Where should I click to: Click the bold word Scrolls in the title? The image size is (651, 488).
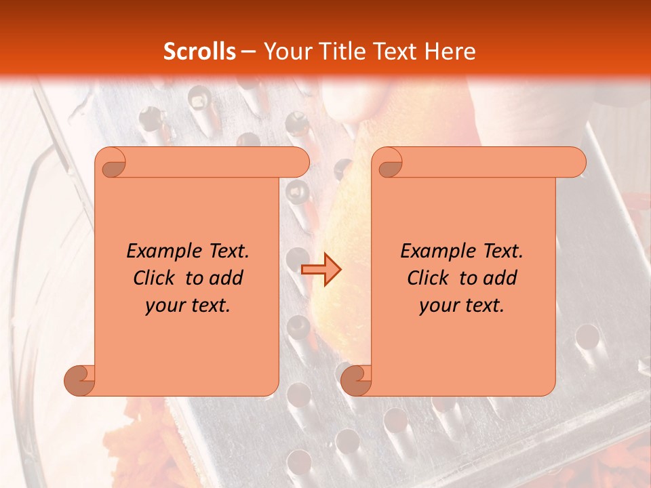point(199,51)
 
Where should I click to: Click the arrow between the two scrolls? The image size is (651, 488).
point(321,269)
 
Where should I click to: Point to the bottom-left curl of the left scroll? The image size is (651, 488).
point(79,380)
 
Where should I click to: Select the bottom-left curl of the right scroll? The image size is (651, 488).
point(356,380)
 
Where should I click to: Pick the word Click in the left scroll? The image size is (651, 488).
point(149,278)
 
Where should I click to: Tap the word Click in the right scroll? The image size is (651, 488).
point(422,278)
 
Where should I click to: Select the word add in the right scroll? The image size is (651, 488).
point(500,278)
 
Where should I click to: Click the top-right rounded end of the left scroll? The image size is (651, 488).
point(298,163)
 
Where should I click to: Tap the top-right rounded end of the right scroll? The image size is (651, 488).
point(575,163)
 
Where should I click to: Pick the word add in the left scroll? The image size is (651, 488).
point(226,278)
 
